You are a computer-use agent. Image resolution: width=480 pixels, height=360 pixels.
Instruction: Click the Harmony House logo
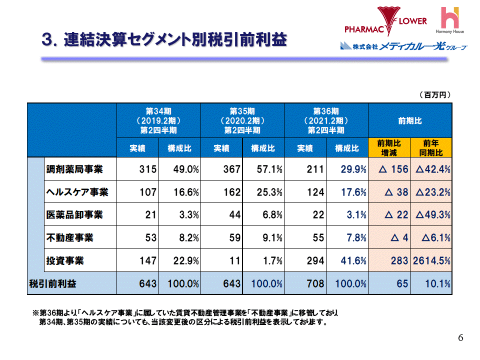pyautogui.click(x=452, y=20)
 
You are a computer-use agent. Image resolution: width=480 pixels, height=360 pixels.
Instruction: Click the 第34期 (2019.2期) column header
pyautogui.click(x=158, y=120)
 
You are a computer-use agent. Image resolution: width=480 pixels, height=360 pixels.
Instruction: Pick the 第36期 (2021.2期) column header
pyautogui.click(x=326, y=120)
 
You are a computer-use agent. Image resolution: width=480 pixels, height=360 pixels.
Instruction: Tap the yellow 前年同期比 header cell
pyautogui.click(x=430, y=148)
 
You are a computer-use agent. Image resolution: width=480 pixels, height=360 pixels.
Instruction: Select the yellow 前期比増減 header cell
pyautogui.click(x=389, y=148)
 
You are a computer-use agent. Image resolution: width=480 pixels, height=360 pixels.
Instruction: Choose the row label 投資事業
pyautogui.click(x=65, y=260)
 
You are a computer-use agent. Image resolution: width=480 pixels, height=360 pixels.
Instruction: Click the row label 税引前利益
pyautogui.click(x=53, y=284)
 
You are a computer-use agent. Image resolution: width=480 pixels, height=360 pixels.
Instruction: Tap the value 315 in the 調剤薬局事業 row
pyautogui.click(x=148, y=169)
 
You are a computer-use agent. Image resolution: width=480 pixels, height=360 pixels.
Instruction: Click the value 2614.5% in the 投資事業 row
pyautogui.click(x=431, y=260)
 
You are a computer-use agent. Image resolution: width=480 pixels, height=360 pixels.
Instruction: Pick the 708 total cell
pyautogui.click(x=315, y=284)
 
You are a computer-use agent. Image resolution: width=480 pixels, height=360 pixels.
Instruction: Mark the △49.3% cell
pyautogui.click(x=432, y=215)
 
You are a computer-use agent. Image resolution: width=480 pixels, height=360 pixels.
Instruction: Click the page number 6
pyautogui.click(x=460, y=338)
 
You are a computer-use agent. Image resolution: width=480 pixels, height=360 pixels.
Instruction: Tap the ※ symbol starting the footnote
pyautogui.click(x=35, y=312)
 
